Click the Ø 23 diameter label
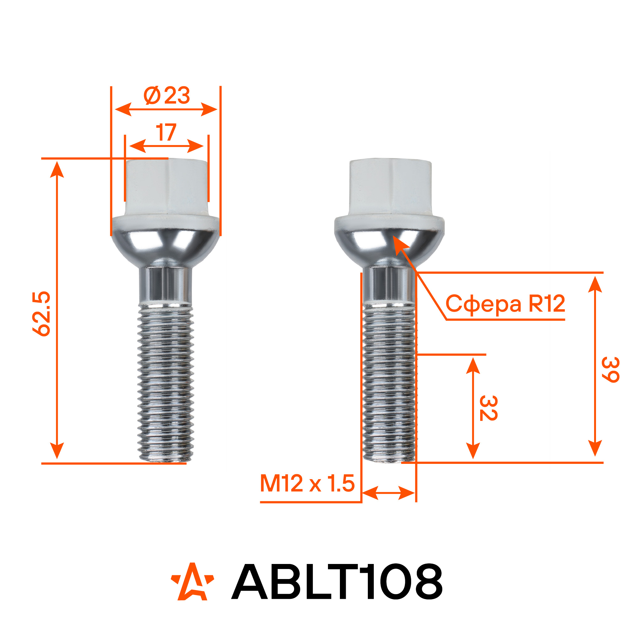[x=167, y=95]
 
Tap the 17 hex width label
[x=166, y=132]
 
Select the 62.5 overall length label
[x=42, y=314]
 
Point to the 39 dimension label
[x=610, y=370]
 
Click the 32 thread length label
[x=488, y=408]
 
